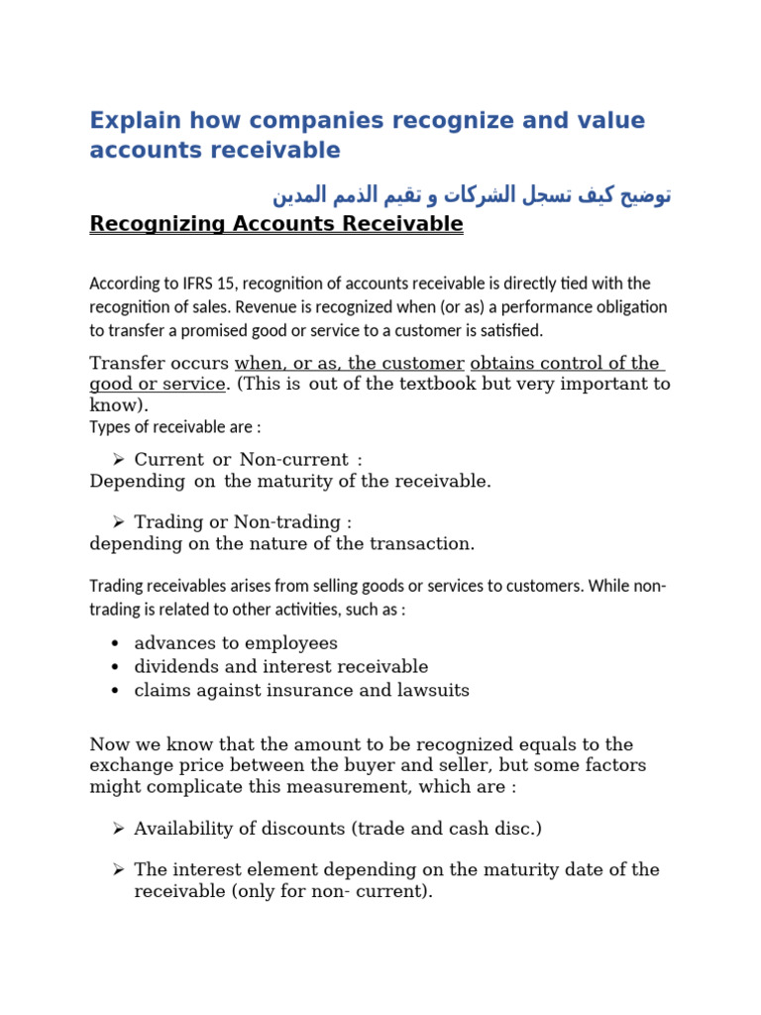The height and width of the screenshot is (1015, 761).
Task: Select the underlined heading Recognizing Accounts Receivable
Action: pos(275,225)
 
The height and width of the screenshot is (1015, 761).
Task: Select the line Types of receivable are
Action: pos(175,427)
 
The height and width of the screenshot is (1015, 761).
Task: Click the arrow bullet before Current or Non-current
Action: pos(117,460)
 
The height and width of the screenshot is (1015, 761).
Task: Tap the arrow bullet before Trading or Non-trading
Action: pos(117,521)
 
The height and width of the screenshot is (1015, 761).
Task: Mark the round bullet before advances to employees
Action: pos(117,644)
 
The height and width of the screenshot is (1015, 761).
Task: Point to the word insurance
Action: pos(322,690)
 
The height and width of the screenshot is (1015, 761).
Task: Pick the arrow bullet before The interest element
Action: pos(117,869)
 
